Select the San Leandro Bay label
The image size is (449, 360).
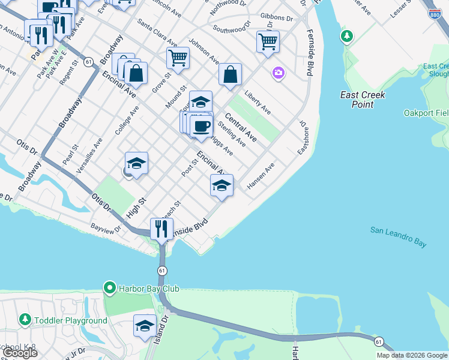tap(398, 236)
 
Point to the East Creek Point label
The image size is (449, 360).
tap(362, 100)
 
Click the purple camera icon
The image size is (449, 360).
tap(278, 73)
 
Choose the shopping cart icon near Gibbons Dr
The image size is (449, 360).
tap(268, 41)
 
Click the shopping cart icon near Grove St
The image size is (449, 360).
tap(178, 58)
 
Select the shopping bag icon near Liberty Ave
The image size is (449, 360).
tap(230, 75)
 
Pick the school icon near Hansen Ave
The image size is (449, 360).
tap(221, 185)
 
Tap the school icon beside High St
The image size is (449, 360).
tap(136, 163)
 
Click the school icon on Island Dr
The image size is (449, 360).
tap(145, 326)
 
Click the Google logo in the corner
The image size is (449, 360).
tap(20, 353)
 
